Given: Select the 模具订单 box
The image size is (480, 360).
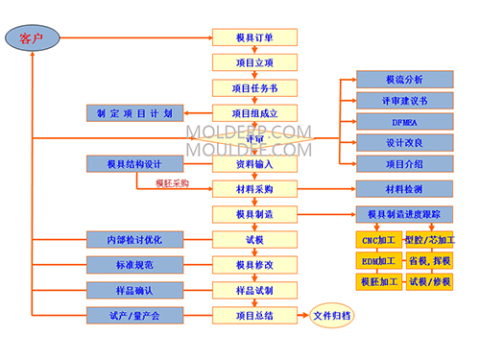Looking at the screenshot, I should (x=254, y=38).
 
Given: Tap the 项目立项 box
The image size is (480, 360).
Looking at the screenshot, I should (x=254, y=63).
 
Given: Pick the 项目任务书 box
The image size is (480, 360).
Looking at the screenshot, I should (x=254, y=88).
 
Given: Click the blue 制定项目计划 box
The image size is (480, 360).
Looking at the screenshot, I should (x=134, y=113).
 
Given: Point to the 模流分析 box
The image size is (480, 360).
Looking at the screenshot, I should (x=403, y=79).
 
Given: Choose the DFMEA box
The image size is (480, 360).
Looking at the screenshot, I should (x=403, y=121).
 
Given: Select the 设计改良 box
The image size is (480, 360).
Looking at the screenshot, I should (x=403, y=142).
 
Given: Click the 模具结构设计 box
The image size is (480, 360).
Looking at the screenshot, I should (x=134, y=164).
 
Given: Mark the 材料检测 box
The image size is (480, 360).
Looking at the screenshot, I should (x=403, y=189).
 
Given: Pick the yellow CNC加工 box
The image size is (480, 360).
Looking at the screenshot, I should (x=378, y=238).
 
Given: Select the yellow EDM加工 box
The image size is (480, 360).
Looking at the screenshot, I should (x=378, y=260).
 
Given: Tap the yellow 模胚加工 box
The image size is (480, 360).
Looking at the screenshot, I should (x=378, y=281).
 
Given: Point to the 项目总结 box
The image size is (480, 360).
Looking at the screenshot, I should (x=254, y=315).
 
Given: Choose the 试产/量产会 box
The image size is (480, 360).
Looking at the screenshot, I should (x=134, y=315).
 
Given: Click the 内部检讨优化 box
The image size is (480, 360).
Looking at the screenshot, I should (x=134, y=239).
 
